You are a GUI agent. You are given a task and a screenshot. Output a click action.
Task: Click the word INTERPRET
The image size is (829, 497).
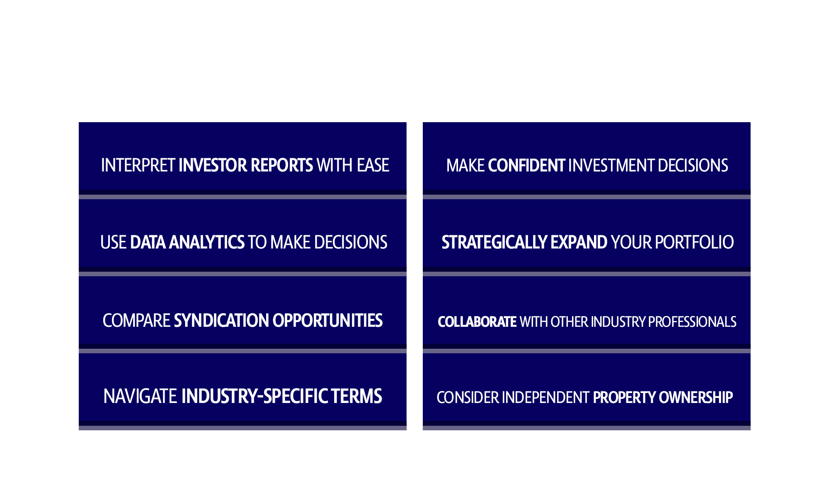tap(138, 165)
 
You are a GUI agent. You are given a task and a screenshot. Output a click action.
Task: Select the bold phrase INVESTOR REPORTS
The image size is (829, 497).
tap(245, 165)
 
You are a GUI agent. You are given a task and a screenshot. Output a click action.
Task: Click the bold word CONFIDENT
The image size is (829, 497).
tap(526, 166)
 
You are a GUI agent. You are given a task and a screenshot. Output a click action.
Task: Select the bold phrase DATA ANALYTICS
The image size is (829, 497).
tap(187, 243)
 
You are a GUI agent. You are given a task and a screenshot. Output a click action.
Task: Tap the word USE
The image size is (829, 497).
tap(113, 243)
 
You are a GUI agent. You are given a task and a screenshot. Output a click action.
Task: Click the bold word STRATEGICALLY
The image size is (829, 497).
tap(494, 243)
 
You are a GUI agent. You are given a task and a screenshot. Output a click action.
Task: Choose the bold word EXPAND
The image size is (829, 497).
tap(579, 243)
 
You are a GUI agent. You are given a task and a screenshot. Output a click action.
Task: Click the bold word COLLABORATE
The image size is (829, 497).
tap(477, 322)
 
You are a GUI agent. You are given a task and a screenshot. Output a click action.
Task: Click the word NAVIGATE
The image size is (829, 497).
tap(140, 397)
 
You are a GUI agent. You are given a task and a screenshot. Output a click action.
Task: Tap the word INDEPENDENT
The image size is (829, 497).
tap(545, 398)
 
